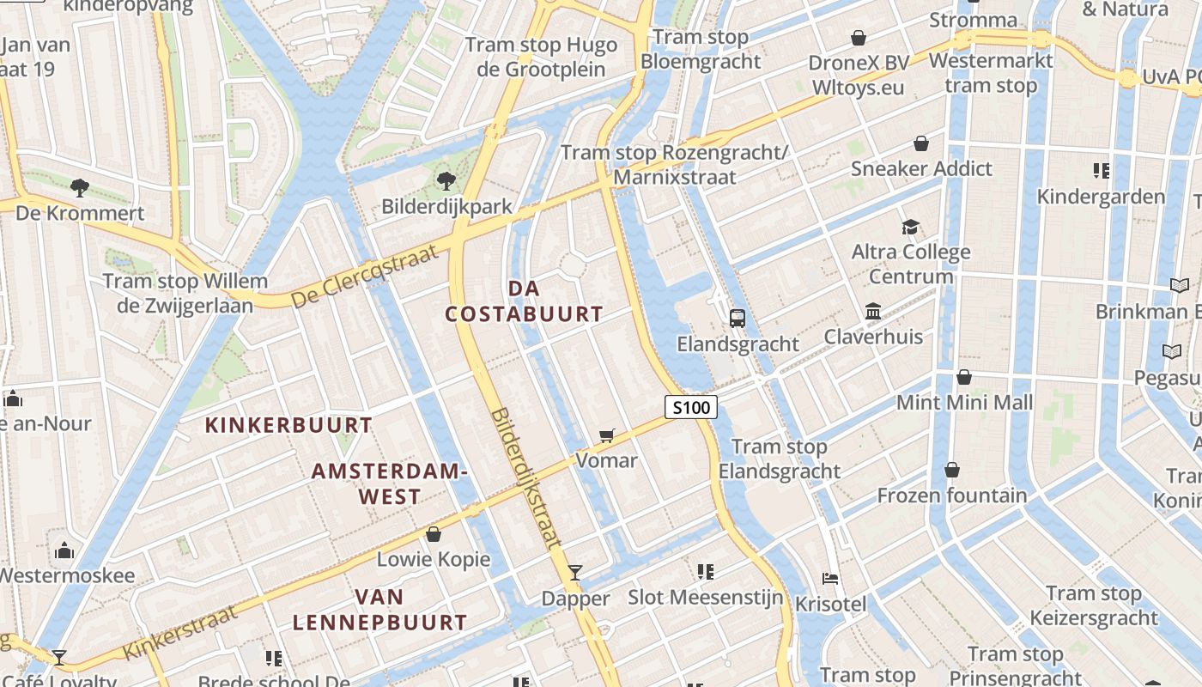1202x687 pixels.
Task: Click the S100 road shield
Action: coord(691,407)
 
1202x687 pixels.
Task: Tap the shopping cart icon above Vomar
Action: coord(607,436)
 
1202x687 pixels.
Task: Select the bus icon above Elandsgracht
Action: coord(737,319)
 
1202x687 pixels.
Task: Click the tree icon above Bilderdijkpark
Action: coord(446,180)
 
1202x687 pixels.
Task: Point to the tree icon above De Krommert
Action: coord(79,186)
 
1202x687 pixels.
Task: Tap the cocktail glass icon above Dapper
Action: coord(575,573)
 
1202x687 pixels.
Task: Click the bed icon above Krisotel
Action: coord(829,579)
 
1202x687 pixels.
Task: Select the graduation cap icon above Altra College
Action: coord(910,227)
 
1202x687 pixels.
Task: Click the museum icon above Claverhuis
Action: coord(873,311)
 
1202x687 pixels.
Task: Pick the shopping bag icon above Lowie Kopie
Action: coord(434,534)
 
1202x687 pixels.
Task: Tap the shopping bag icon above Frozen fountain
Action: coord(951,470)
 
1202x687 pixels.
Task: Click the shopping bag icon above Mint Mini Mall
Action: coord(964,377)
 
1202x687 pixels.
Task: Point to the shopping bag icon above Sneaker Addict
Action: coord(921,143)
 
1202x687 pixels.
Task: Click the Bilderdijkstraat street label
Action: coord(525,477)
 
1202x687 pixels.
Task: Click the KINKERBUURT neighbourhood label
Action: coord(288,425)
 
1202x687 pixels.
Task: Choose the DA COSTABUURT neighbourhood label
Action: coord(524,301)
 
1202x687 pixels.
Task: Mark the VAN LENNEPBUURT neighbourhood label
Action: coord(379,609)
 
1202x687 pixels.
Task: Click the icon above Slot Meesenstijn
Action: coord(706,571)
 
